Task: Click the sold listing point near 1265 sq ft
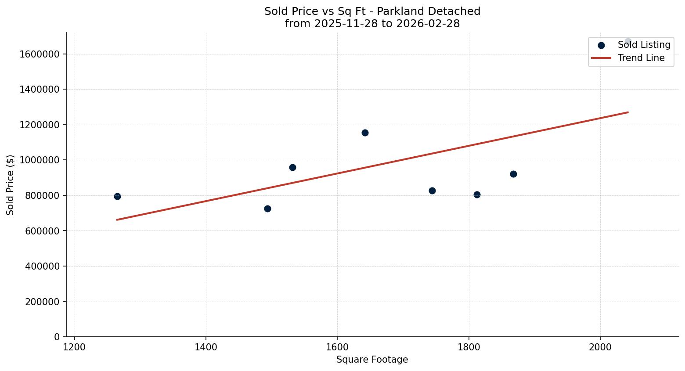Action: point(117,196)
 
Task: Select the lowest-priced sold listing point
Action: point(267,209)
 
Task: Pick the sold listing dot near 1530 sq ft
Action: point(292,167)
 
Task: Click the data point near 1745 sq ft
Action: point(432,191)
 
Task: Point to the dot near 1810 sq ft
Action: point(477,195)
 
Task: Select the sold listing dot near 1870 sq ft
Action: point(513,174)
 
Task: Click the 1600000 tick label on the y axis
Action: point(40,54)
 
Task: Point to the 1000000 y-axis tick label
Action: point(40,160)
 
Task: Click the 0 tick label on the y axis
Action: point(57,337)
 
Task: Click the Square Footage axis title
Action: point(372,360)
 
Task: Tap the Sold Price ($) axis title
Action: point(11,185)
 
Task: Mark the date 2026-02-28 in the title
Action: point(428,24)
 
